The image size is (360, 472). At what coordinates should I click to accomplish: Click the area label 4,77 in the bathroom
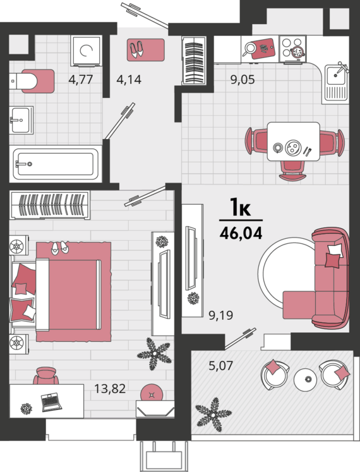(x=80, y=80)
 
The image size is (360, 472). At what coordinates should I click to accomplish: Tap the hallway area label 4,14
(x=129, y=80)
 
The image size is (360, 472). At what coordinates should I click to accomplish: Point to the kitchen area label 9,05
(x=243, y=80)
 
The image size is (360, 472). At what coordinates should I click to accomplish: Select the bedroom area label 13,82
(x=110, y=389)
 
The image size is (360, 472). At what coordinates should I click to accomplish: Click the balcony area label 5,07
(x=220, y=366)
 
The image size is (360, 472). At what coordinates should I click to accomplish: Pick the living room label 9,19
(x=220, y=315)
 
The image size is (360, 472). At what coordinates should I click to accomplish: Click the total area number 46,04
(x=241, y=233)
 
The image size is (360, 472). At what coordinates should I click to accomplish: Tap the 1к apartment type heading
(x=240, y=207)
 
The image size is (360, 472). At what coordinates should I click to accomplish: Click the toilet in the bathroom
(x=32, y=81)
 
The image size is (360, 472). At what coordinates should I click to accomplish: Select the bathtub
(x=56, y=164)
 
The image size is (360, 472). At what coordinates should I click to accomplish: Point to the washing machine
(x=86, y=51)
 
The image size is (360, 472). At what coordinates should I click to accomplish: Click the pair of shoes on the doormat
(x=136, y=49)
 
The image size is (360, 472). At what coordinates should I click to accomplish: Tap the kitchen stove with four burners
(x=292, y=48)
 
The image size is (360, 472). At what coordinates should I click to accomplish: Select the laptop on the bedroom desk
(x=51, y=402)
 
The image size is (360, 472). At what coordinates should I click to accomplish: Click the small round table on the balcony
(x=305, y=379)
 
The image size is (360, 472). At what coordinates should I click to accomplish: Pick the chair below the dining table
(x=292, y=171)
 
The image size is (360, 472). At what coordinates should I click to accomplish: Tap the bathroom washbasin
(x=21, y=120)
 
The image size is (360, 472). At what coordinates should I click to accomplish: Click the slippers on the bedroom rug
(x=59, y=248)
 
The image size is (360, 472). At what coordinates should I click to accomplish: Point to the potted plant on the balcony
(x=213, y=415)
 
